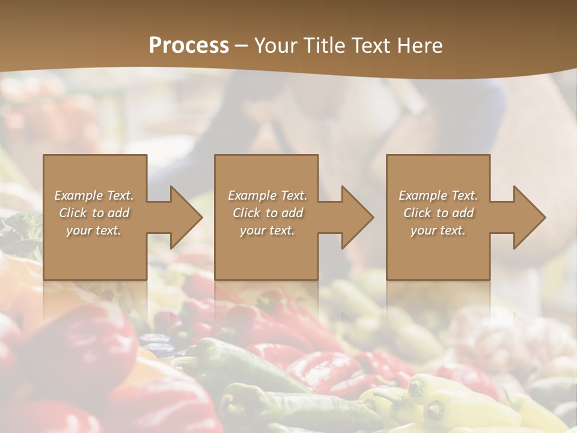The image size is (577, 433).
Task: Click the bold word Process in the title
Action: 189,46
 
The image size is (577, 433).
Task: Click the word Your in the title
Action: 277,46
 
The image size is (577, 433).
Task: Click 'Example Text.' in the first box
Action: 94,195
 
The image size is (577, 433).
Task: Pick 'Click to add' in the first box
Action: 94,213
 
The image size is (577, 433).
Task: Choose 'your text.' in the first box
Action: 94,230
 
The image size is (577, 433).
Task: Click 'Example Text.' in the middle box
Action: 267,195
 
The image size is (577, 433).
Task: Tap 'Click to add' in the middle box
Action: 267,213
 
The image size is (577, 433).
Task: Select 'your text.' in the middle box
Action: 267,230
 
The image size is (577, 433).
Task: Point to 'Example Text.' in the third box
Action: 438,195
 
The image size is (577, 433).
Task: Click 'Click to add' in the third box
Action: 438,213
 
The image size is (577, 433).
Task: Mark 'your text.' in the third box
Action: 438,230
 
